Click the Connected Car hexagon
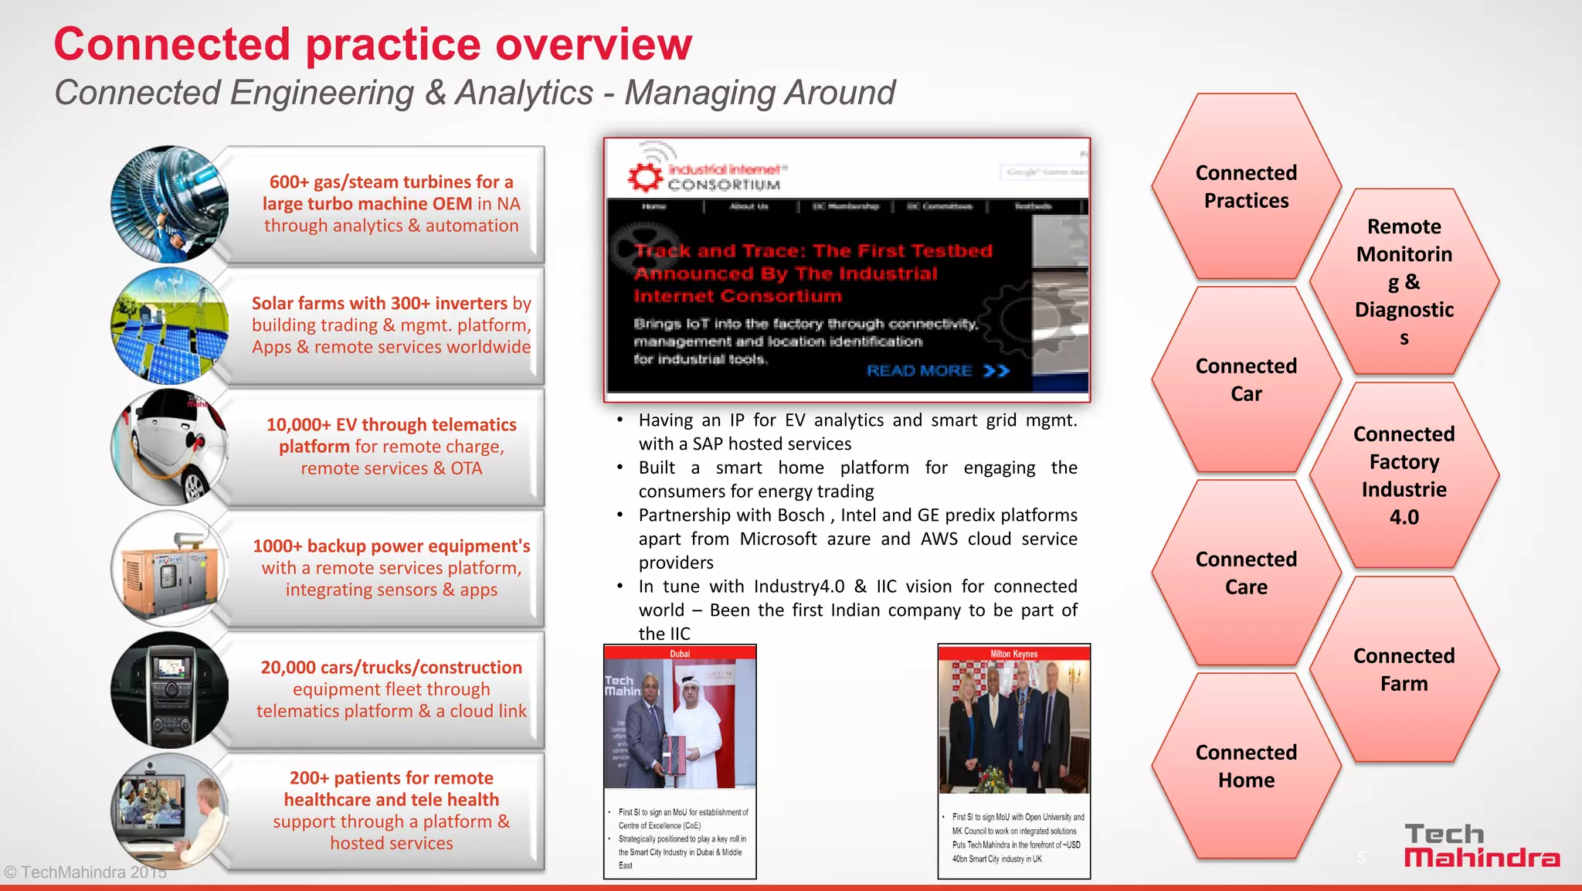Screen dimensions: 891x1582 (1245, 379)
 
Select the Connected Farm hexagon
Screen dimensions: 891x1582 (1404, 669)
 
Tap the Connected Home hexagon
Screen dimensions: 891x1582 (1245, 766)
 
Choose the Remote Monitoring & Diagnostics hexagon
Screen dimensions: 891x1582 (1404, 282)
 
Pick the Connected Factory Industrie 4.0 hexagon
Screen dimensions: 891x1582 (1404, 475)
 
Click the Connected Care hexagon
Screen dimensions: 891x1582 (1245, 573)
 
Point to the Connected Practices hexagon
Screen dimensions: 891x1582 (1245, 186)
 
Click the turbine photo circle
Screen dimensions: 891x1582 (170, 205)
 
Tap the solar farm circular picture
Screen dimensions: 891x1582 (170, 325)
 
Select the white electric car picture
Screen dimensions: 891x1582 (170, 447)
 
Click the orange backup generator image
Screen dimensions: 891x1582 (170, 568)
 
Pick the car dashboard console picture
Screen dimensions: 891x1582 (170, 689)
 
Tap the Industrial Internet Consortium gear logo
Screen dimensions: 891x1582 (644, 177)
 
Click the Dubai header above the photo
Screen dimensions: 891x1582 (680, 654)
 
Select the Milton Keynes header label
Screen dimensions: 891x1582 (1013, 654)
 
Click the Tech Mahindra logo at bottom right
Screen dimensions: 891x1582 (1481, 846)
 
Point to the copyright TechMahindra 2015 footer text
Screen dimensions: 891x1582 (85, 872)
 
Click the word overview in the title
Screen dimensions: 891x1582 (593, 44)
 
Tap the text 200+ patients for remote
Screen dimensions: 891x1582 (391, 778)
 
